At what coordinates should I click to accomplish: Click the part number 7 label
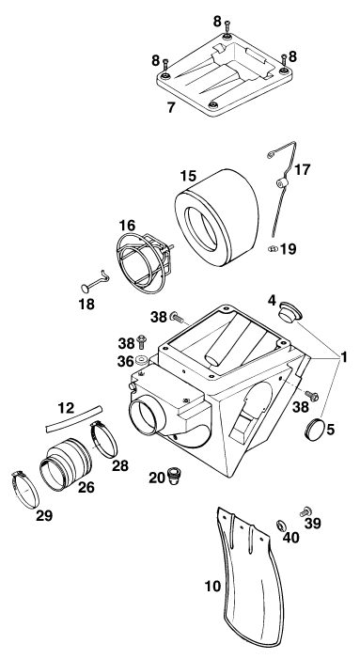click(x=170, y=107)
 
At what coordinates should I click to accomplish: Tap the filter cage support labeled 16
click(x=144, y=262)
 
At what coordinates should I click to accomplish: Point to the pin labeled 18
click(x=95, y=283)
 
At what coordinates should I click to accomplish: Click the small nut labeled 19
click(x=273, y=249)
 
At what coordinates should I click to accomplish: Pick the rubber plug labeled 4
click(x=290, y=311)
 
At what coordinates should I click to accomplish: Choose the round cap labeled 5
click(x=314, y=428)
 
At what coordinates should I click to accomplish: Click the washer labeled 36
click(x=141, y=360)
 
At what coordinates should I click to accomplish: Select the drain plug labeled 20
click(x=173, y=477)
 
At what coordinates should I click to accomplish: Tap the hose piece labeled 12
click(x=74, y=418)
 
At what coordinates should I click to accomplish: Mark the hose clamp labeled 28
click(x=103, y=439)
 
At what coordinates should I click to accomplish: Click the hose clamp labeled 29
click(x=25, y=490)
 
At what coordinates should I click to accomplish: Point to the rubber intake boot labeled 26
click(x=66, y=464)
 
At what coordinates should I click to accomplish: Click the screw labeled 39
click(x=305, y=511)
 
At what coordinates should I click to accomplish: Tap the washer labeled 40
click(x=281, y=525)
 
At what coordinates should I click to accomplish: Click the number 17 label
click(x=302, y=170)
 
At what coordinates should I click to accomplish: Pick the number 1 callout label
click(x=344, y=357)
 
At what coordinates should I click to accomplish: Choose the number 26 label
click(x=86, y=487)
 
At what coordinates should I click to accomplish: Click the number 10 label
click(x=213, y=586)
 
